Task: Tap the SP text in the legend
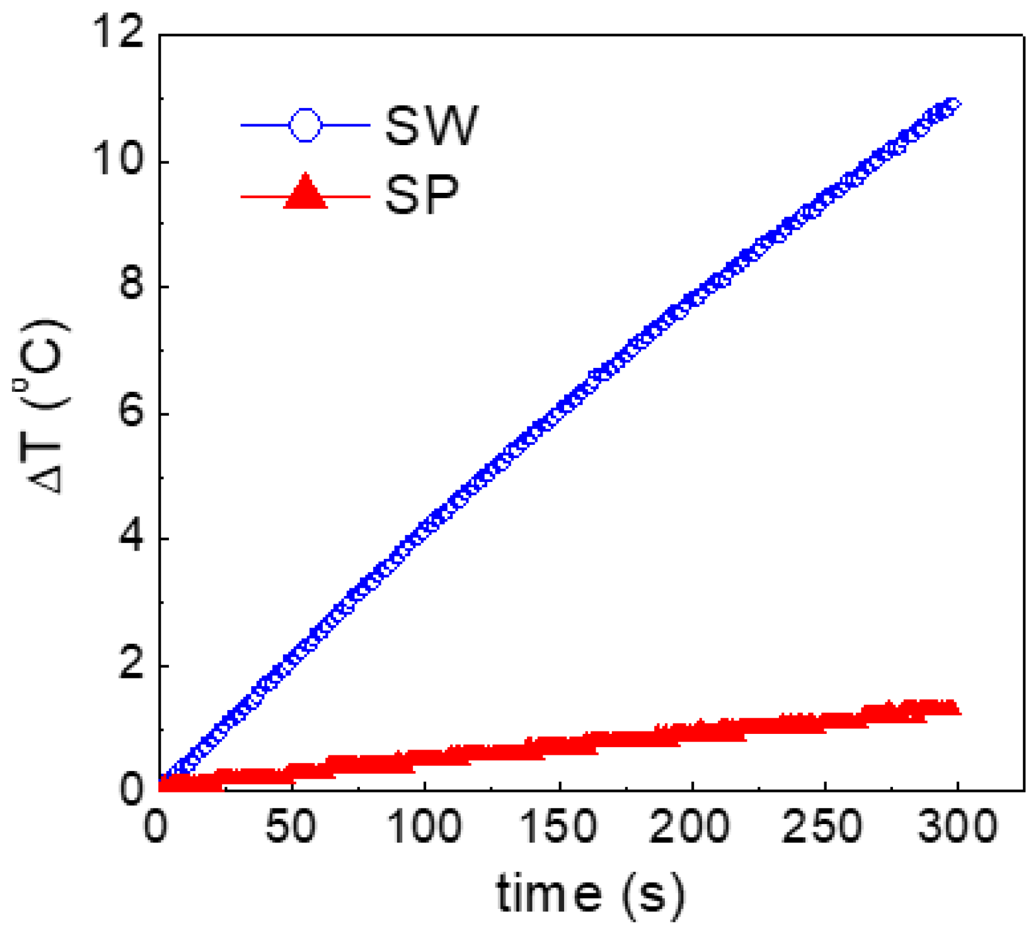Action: pyautogui.click(x=422, y=195)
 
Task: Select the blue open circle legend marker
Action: pyautogui.click(x=305, y=125)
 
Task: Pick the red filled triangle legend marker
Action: pyautogui.click(x=305, y=193)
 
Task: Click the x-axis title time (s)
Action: pyautogui.click(x=590, y=893)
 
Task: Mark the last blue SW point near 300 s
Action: pyautogui.click(x=953, y=105)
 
